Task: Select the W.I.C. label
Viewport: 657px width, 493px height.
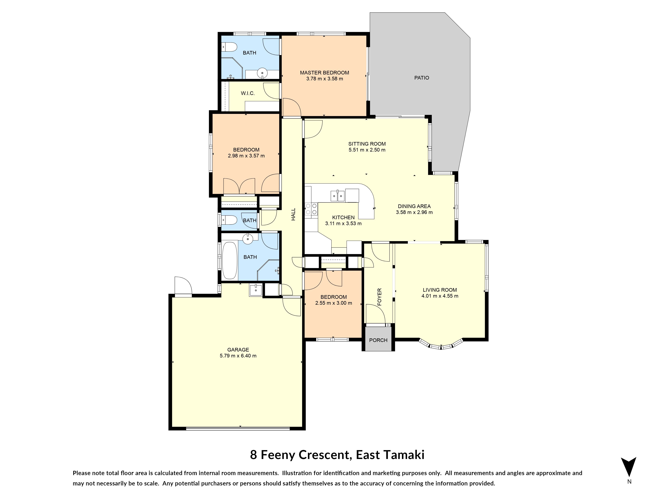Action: click(x=248, y=93)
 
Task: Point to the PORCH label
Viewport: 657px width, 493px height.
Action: click(x=378, y=340)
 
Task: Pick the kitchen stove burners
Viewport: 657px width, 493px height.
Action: click(x=311, y=209)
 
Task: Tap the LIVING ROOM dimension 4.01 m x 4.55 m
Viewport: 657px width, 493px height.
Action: click(x=440, y=296)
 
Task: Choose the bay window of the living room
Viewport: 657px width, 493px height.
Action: click(x=441, y=345)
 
